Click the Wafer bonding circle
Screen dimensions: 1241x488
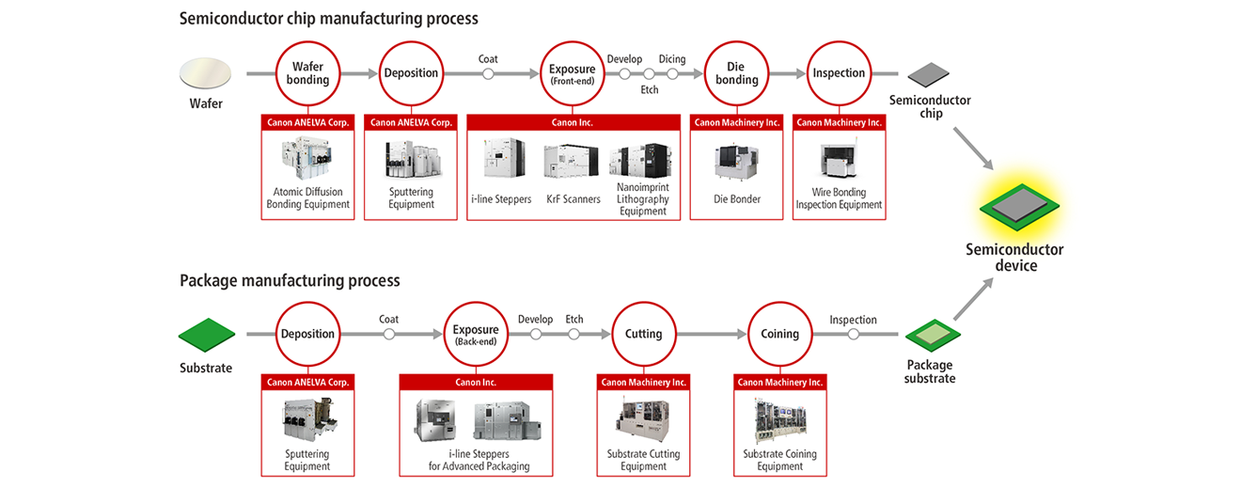(307, 41)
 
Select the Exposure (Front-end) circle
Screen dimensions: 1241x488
(572, 41)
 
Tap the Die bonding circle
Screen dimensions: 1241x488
(736, 41)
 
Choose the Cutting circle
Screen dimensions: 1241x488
(644, 303)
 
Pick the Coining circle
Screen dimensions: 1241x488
(779, 303)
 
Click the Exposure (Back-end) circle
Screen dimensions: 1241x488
(476, 303)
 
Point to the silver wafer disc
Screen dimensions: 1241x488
(205, 73)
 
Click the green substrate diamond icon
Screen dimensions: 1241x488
(207, 335)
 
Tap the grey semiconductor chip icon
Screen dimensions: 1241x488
(929, 74)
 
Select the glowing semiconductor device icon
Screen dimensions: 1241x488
(1019, 207)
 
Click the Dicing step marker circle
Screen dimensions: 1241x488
(672, 73)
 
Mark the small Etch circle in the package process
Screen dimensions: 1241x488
(573, 334)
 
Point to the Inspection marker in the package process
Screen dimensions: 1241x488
(854, 334)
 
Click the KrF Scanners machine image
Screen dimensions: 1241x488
(572, 161)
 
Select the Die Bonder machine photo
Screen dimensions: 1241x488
(736, 161)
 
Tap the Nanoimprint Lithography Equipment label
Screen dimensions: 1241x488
(643, 198)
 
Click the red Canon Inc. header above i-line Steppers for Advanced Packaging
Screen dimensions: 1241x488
(476, 382)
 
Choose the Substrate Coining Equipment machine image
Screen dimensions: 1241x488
(779, 421)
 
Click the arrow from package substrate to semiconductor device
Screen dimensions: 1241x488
(973, 299)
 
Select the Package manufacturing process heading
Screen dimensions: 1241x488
(290, 280)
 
